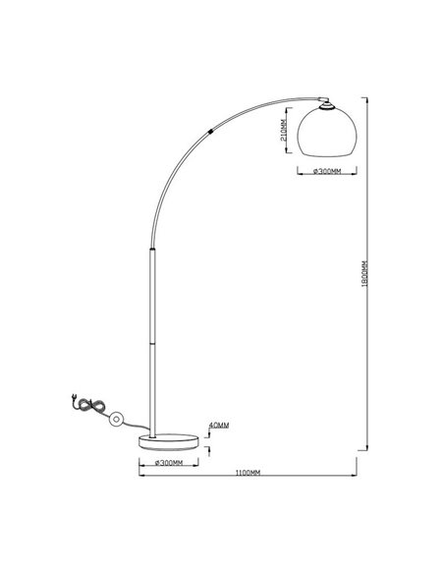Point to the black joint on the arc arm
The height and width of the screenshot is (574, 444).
212,130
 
